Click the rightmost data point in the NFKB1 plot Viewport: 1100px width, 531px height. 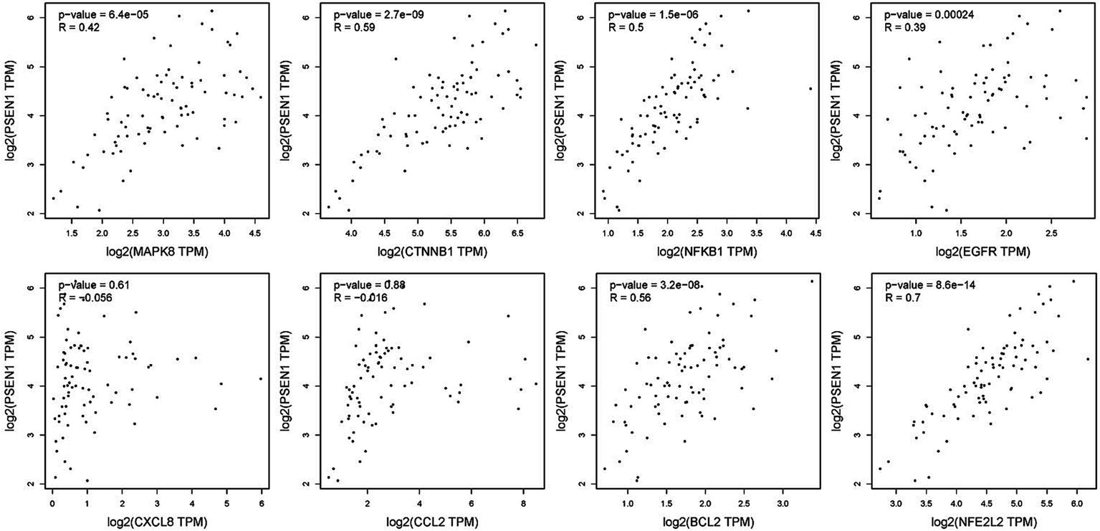click(810, 90)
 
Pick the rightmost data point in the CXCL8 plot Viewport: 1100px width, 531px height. click(261, 379)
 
